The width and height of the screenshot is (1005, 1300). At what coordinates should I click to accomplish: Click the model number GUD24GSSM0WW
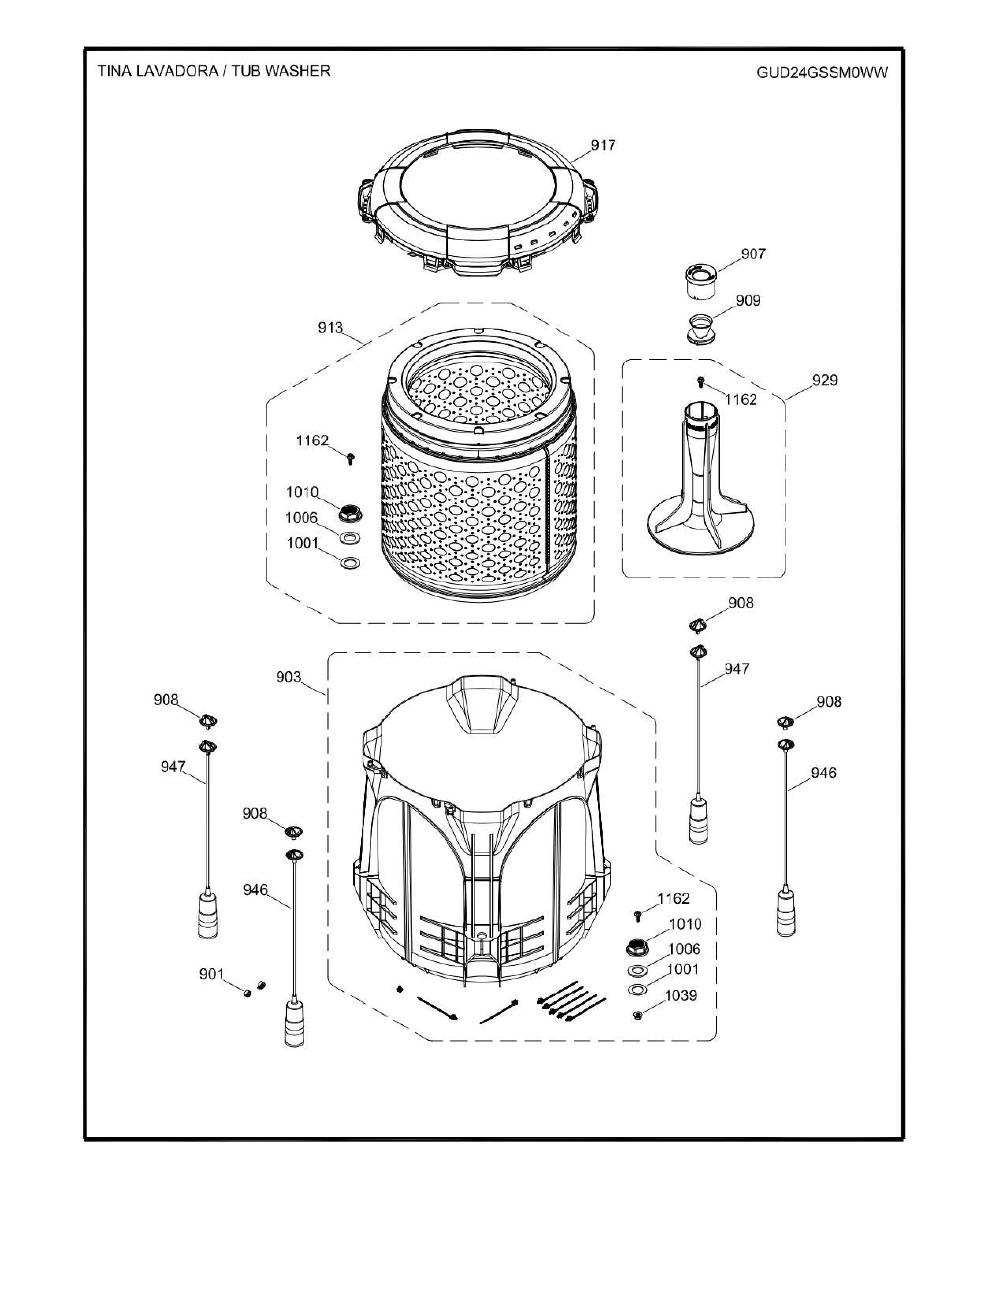(x=822, y=72)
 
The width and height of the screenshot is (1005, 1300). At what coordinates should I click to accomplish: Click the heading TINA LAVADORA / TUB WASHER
(x=214, y=71)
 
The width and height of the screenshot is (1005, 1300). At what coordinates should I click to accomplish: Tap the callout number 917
(x=603, y=145)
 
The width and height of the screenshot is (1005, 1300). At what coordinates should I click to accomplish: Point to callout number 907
(x=753, y=254)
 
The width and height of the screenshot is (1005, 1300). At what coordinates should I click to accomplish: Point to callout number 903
(x=289, y=678)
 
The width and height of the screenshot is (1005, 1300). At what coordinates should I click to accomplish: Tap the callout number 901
(x=211, y=974)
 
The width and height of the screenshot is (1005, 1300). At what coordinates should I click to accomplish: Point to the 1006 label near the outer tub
(x=684, y=949)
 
